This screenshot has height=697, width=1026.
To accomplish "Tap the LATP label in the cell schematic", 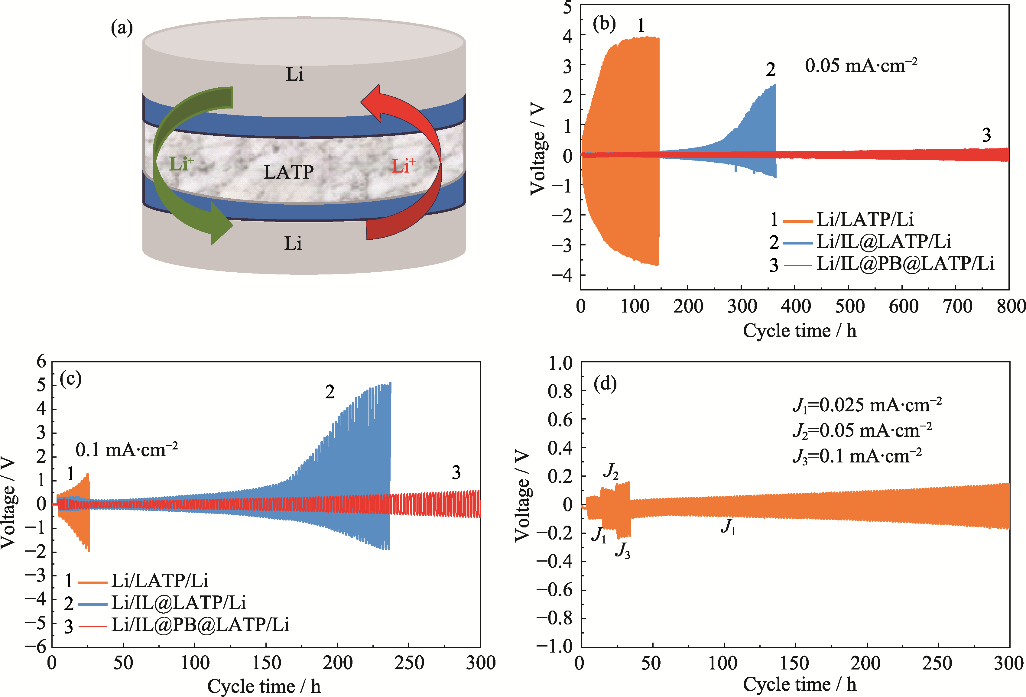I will tap(289, 172).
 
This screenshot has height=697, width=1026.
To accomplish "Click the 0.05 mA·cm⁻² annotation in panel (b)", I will tap(861, 66).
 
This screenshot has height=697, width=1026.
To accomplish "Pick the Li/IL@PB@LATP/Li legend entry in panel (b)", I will tap(905, 264).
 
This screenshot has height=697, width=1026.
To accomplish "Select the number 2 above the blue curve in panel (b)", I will tap(770, 70).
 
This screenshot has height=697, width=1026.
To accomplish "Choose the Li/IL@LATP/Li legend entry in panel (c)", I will tap(178, 602).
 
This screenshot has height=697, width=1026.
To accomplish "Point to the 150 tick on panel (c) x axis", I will tap(266, 663).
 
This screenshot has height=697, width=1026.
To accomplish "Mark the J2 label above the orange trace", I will tap(611, 472).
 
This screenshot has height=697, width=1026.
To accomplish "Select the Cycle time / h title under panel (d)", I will tap(799, 684).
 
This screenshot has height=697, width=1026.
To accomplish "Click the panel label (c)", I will tap(71, 379).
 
